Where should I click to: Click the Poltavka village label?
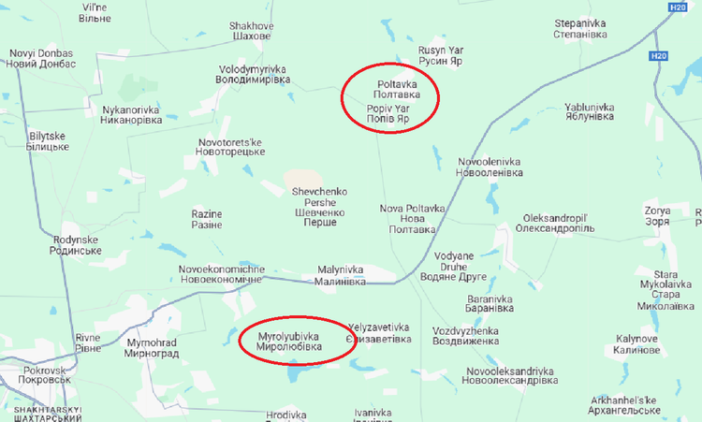tap(391, 89)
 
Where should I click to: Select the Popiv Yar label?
tap(388, 114)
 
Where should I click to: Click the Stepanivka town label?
tap(580, 28)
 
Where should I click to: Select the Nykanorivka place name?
tap(131, 115)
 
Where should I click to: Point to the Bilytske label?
tap(47, 141)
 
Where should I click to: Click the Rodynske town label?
tap(78, 245)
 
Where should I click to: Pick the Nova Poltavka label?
tap(412, 218)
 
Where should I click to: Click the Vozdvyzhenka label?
tap(473, 337)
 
